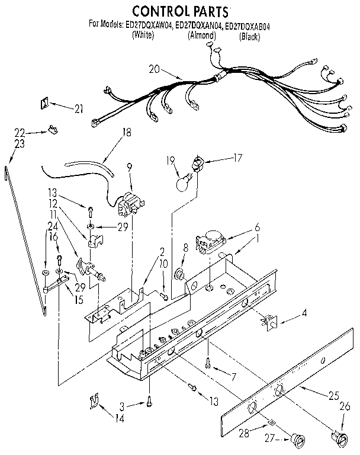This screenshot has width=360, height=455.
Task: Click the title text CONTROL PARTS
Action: [x=179, y=11]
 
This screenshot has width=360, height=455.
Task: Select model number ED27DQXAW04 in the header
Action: [x=147, y=25]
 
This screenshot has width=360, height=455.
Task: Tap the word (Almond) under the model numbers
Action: [x=202, y=35]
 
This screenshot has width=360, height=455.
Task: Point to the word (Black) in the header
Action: [x=249, y=36]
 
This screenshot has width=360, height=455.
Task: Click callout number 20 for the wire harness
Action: [x=155, y=69]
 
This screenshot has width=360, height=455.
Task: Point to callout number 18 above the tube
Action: [x=126, y=133]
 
